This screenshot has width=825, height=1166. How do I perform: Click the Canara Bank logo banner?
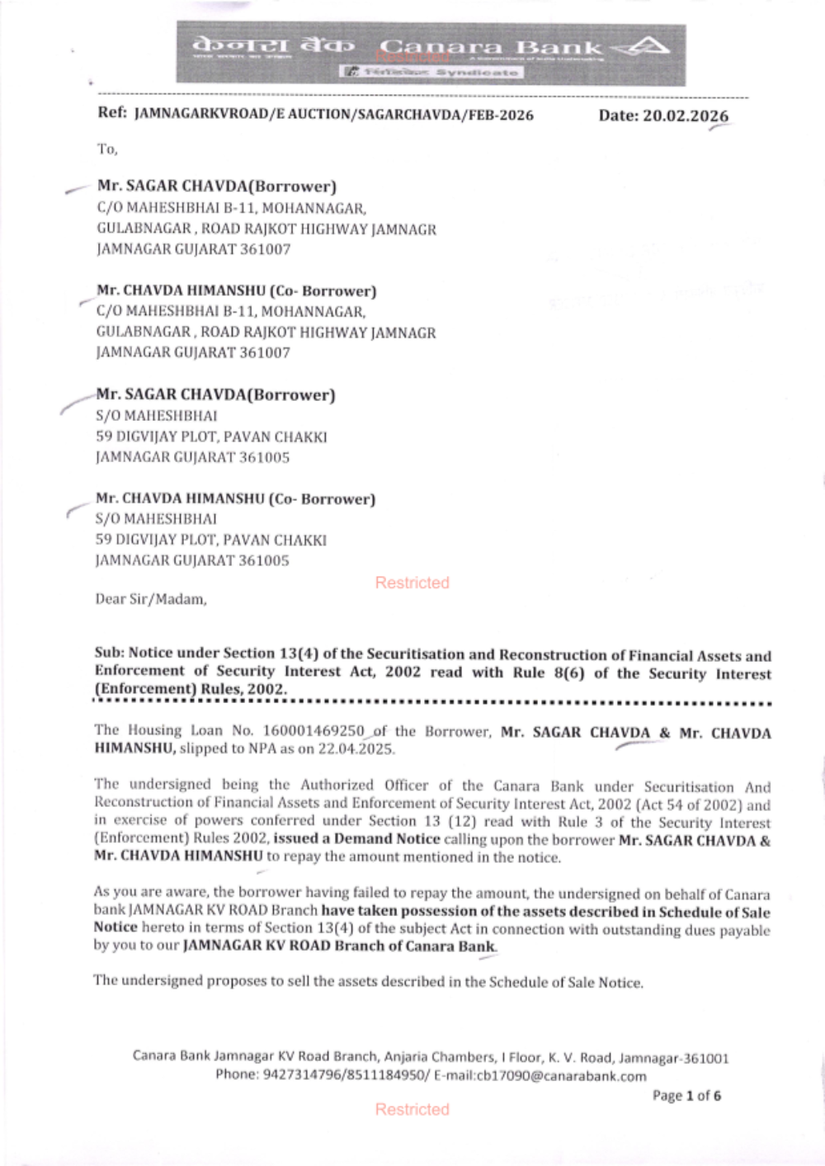pos(430,54)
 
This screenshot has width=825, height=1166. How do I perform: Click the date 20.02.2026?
pos(663,116)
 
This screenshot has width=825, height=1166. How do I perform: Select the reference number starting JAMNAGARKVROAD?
pos(333,115)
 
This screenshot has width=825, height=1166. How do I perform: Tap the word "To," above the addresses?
pos(107,149)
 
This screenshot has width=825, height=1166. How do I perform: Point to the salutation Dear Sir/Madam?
pos(150,599)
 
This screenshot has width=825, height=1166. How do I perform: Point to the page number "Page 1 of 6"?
pos(686,1096)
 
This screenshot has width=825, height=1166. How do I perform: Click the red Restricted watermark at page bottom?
pos(412,1109)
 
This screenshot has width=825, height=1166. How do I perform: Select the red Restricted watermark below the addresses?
pos(412,583)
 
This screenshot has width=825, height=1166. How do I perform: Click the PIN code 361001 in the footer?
pos(708,1057)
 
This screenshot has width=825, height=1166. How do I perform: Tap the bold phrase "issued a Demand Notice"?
pos(356,839)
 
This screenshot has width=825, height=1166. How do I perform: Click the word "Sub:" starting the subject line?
pos(109,654)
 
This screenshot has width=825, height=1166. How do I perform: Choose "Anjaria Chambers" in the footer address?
pos(445,1057)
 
